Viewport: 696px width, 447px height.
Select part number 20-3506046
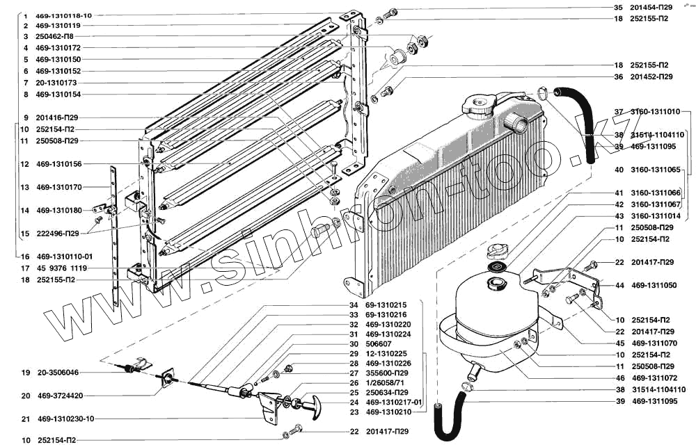coord(58,373)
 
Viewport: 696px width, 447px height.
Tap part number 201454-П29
coord(651,7)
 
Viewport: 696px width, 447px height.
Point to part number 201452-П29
coord(651,76)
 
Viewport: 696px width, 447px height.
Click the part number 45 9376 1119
coord(61,268)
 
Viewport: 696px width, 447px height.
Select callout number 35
coord(617,7)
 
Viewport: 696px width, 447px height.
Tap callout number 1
coord(25,15)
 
